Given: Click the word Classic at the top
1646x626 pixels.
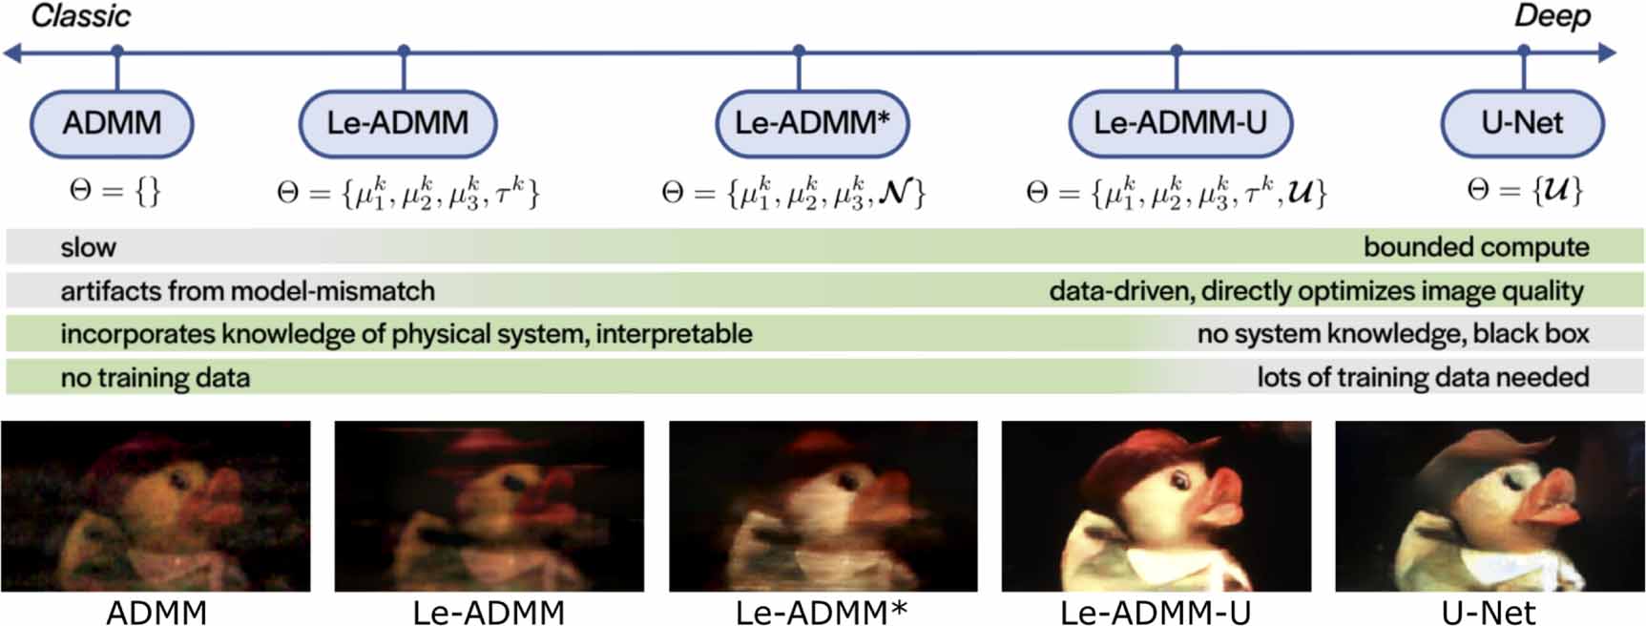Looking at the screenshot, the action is (81, 16).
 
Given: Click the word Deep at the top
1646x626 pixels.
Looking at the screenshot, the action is (1552, 17).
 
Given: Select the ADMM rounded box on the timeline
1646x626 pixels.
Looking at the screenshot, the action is (112, 123).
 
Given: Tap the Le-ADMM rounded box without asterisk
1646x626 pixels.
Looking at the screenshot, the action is (398, 123).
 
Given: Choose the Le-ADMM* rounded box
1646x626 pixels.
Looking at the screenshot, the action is (812, 123).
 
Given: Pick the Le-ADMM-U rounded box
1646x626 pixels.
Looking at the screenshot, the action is (1180, 123).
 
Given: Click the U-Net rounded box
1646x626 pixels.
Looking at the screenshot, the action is (1522, 123).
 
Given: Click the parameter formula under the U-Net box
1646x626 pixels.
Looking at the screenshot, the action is (1524, 191).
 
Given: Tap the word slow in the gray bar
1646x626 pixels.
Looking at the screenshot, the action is (88, 247).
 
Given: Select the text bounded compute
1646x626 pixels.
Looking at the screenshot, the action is (1476, 247).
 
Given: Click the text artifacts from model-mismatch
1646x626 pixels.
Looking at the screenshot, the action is (247, 291).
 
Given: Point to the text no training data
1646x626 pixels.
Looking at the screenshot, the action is (155, 378).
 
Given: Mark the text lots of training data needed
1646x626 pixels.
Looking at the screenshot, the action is (1423, 378).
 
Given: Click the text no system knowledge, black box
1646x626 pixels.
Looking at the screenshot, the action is (1393, 334).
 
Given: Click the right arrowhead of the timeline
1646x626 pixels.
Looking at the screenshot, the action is (1608, 52).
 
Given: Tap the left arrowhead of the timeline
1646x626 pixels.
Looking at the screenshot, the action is (12, 52).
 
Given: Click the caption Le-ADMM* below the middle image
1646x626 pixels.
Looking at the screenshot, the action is (822, 612).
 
